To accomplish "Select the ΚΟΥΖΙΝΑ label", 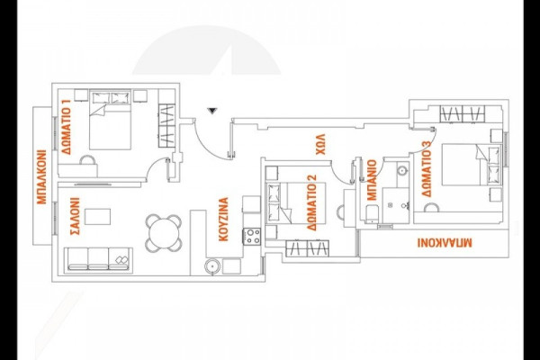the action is pyautogui.click(x=223, y=220).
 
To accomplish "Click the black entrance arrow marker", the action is pyautogui.click(x=211, y=111).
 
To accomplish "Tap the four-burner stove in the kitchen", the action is pyautogui.click(x=253, y=237).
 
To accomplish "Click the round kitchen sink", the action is pyautogui.click(x=212, y=266).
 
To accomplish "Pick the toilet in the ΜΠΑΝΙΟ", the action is pyautogui.click(x=371, y=212).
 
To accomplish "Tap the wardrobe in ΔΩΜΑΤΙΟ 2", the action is pyautogui.click(x=304, y=247).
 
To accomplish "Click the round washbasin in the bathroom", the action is pyautogui.click(x=401, y=171).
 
